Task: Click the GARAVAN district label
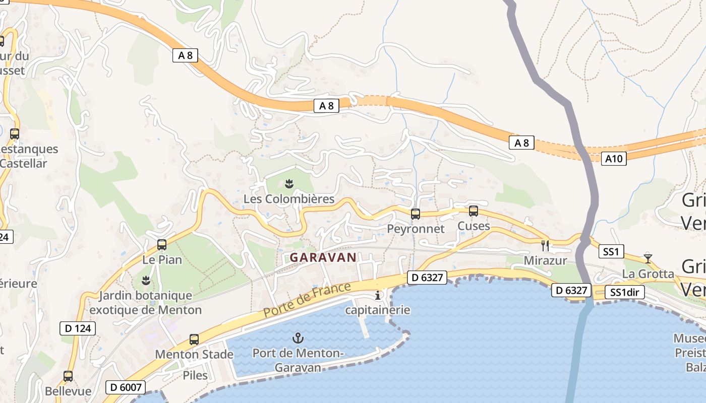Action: pyautogui.click(x=323, y=257)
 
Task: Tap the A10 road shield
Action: pyautogui.click(x=614, y=159)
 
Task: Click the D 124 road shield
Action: pyautogui.click(x=77, y=328)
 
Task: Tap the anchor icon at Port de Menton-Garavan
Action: pyautogui.click(x=298, y=338)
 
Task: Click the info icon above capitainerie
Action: pyautogui.click(x=378, y=295)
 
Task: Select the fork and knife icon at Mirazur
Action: pyautogui.click(x=545, y=245)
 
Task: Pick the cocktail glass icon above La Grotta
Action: pyautogui.click(x=648, y=258)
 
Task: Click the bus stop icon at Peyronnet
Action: pyautogui.click(x=416, y=214)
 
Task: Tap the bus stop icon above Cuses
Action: pyautogui.click(x=474, y=211)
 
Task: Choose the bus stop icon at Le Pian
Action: pyautogui.click(x=162, y=245)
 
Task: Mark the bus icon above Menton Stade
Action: pyautogui.click(x=194, y=340)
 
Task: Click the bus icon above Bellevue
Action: pyautogui.click(x=68, y=376)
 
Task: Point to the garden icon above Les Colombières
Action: pyautogui.click(x=289, y=184)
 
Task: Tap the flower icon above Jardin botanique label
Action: pyautogui.click(x=146, y=280)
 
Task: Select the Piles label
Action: pyautogui.click(x=195, y=375)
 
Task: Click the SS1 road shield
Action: pyautogui.click(x=611, y=251)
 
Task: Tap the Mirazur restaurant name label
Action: pyautogui.click(x=545, y=260)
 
